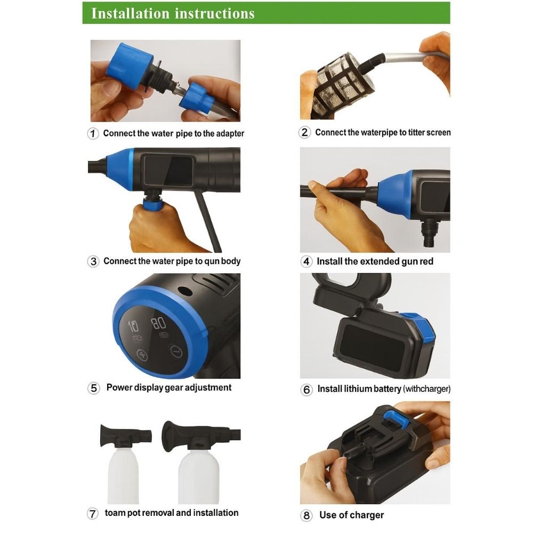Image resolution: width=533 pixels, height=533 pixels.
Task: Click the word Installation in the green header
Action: (x=130, y=14)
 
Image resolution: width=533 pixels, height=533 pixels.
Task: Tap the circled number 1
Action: (x=93, y=133)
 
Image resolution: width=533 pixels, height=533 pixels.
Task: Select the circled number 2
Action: (x=304, y=132)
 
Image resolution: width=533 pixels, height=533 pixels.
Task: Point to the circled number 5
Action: (x=93, y=388)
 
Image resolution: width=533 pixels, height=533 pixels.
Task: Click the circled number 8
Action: (x=306, y=515)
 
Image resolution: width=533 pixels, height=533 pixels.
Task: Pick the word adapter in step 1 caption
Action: (x=230, y=134)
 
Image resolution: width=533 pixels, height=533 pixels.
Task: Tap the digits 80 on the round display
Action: (x=158, y=324)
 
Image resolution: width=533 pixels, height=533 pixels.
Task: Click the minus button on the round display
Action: (x=176, y=351)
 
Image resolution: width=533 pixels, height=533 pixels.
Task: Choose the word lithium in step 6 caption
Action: (x=357, y=389)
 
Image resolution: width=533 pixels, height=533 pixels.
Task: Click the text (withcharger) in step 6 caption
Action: (x=426, y=389)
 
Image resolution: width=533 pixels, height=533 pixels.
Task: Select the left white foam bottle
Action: (x=123, y=475)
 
